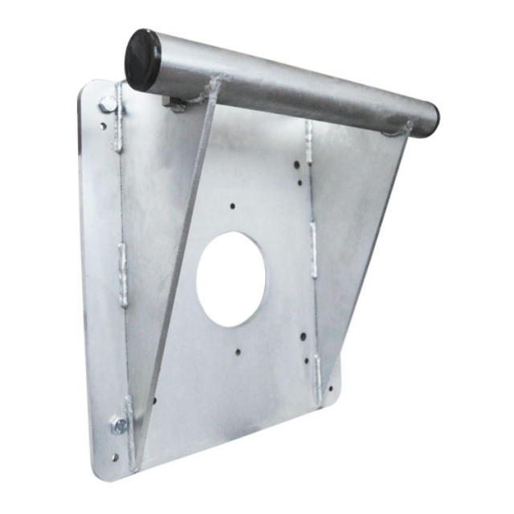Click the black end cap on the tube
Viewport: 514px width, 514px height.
142,59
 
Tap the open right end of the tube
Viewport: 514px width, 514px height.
433,120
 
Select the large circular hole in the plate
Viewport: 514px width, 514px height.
231,279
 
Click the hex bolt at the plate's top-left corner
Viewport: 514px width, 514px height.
107,104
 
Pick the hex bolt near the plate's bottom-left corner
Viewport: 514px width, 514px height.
120,426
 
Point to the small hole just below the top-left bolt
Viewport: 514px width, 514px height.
104,126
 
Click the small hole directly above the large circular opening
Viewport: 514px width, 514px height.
233,206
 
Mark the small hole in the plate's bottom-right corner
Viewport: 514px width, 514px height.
329,390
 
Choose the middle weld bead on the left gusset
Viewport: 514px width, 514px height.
123,273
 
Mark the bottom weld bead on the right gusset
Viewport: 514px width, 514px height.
318,369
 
